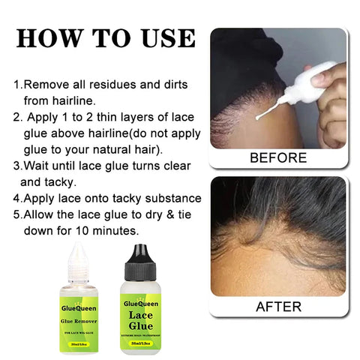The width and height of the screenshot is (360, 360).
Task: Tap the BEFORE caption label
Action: (x=277, y=157)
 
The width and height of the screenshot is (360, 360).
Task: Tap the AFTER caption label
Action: (x=277, y=306)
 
